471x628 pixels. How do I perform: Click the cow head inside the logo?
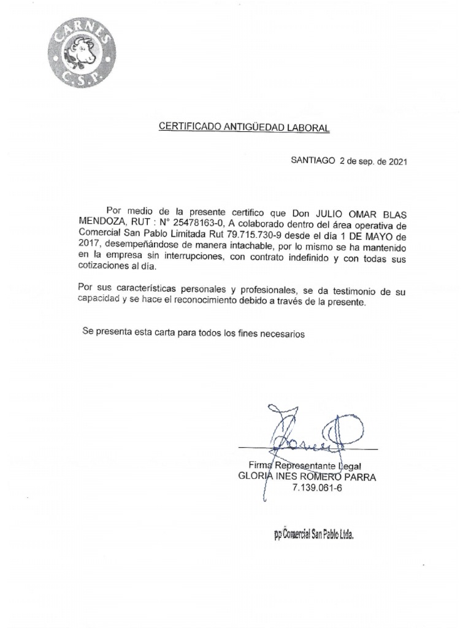(82, 52)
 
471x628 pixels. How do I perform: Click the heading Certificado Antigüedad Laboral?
(244, 128)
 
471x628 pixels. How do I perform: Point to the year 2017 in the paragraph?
(90, 245)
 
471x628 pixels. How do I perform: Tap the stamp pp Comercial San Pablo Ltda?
(314, 534)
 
